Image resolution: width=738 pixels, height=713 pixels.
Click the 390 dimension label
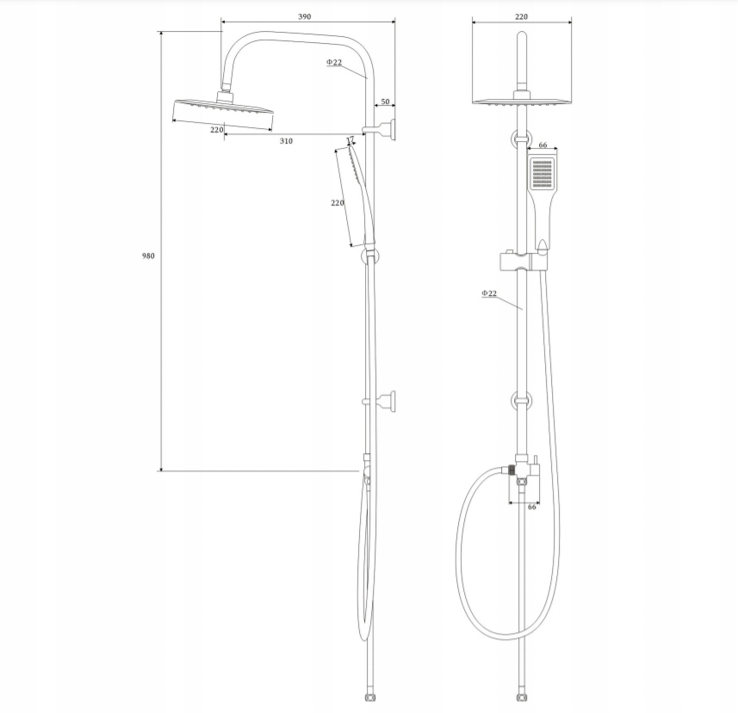tap(305, 16)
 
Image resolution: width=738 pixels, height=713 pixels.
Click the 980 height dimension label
tap(148, 255)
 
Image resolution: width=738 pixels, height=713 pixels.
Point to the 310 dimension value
tap(286, 141)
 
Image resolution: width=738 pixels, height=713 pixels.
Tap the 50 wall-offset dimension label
tap(385, 101)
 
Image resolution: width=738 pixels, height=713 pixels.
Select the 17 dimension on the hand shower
tap(350, 140)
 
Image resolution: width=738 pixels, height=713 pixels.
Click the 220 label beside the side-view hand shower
tap(338, 203)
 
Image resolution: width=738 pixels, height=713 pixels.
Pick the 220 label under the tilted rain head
tap(216, 130)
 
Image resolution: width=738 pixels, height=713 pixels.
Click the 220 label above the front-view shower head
tap(521, 16)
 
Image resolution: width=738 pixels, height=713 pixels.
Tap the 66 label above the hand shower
tap(543, 144)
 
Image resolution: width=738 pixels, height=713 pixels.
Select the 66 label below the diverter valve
tap(532, 507)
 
